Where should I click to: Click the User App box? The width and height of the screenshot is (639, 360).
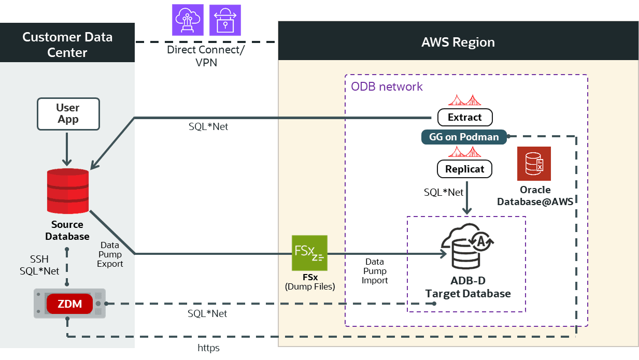[x=67, y=114]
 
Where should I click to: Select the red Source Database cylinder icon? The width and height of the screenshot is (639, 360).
[x=67, y=192]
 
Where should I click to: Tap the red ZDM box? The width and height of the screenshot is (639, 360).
[x=70, y=304]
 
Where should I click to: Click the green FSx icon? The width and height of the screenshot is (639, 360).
[x=310, y=253]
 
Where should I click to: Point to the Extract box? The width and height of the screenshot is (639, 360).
[x=464, y=118]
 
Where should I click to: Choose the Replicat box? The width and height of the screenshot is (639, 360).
[x=464, y=169]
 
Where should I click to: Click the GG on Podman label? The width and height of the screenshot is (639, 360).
[x=464, y=137]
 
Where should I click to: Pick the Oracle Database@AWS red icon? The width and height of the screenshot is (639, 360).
[x=534, y=164]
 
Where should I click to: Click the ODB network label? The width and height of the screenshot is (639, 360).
[x=387, y=87]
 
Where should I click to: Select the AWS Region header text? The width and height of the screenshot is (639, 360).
[x=458, y=42]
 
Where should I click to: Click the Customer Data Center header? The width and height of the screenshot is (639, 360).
[x=67, y=45]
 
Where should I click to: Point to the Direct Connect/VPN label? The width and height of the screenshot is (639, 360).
[x=206, y=56]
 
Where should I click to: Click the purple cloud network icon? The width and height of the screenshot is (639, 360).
[x=188, y=20]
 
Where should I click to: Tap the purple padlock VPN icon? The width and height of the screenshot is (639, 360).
[x=225, y=20]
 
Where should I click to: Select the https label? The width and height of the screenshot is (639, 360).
[x=208, y=348]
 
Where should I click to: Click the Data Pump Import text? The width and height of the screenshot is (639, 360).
[x=375, y=271]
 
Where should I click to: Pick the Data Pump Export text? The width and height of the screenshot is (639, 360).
[x=110, y=254]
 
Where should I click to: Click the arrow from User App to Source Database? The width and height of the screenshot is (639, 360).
[x=67, y=148]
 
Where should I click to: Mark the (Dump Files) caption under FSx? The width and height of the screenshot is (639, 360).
[x=310, y=286]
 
